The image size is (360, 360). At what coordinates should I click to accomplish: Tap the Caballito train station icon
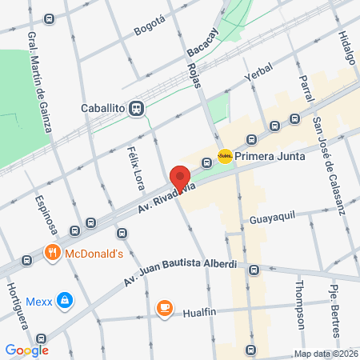[x=138, y=108]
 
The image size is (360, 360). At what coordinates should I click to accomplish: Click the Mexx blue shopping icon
[x=65, y=302]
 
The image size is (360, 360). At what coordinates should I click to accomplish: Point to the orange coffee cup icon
[x=164, y=308]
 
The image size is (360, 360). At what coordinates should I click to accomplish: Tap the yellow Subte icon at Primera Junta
[x=225, y=157]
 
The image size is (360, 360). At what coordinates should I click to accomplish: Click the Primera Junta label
[x=271, y=157]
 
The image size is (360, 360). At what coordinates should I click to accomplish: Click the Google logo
[x=26, y=350]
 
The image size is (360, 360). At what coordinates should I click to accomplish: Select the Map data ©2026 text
[x=326, y=354]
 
